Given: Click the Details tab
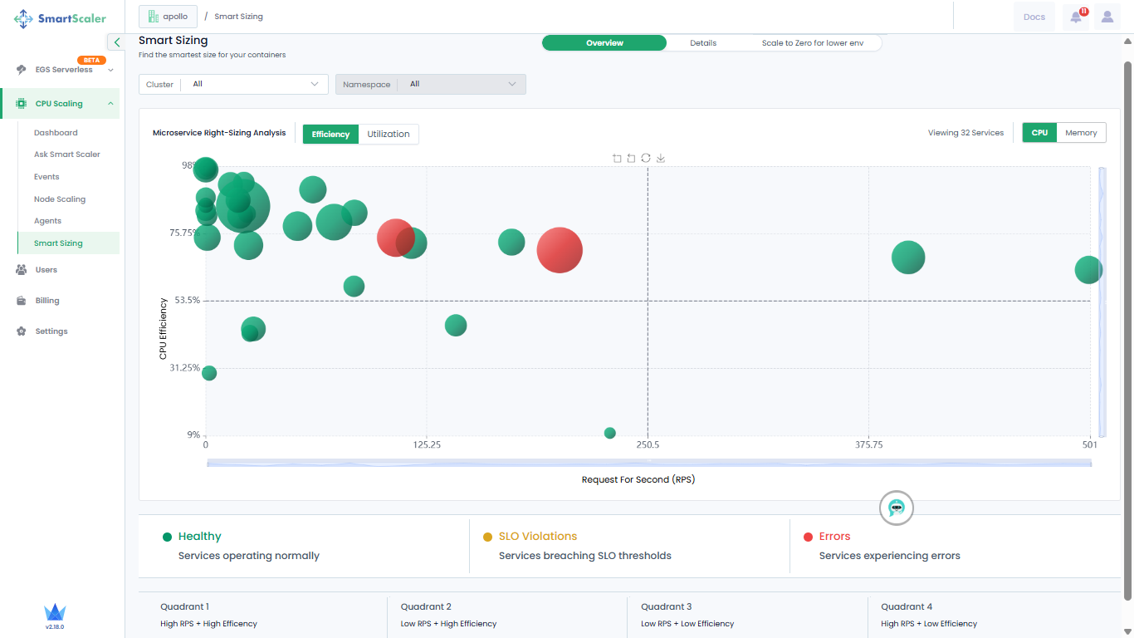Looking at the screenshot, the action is (702, 43).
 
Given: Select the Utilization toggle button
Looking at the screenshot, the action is (389, 134).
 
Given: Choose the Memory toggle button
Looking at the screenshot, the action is (1081, 133).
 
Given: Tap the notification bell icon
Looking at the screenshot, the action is (1076, 17).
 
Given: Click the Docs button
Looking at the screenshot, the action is (1034, 17).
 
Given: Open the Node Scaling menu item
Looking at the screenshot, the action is (60, 199).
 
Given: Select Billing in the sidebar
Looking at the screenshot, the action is (47, 301).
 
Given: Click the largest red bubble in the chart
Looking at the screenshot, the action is (560, 250).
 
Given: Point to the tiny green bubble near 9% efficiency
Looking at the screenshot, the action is (609, 433).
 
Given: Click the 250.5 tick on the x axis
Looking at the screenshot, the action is (648, 445).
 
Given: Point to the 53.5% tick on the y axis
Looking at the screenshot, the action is (188, 300).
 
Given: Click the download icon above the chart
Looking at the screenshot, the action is (660, 159).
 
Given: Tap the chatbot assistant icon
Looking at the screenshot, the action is (896, 508).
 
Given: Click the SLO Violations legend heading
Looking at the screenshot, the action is (538, 536).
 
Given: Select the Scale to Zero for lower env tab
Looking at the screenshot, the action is (813, 43).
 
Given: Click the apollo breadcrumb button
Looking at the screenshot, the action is (168, 17).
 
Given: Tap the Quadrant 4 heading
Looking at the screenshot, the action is (907, 606).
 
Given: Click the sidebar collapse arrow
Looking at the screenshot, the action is (117, 42).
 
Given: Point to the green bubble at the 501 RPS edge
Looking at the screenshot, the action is (1088, 270).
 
